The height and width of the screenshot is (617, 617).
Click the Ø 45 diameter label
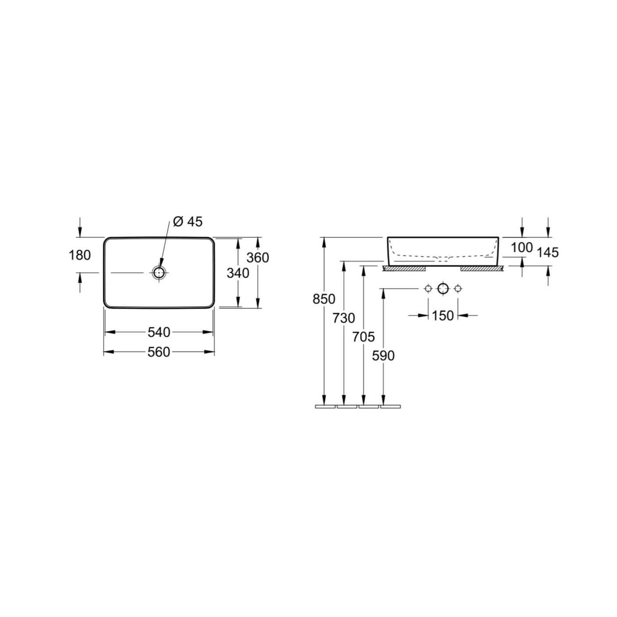click(188, 222)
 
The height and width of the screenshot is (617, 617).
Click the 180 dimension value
click(80, 255)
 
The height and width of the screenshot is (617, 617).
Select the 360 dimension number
click(258, 258)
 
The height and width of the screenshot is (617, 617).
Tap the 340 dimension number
click(238, 273)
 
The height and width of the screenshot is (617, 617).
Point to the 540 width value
click(159, 332)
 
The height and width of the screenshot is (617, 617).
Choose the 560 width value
click(159, 352)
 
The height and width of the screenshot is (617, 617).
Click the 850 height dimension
click(324, 299)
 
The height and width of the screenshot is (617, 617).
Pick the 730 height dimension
click(344, 318)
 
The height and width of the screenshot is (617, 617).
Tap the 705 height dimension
click(364, 337)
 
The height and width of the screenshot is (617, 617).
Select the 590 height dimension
click(383, 356)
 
